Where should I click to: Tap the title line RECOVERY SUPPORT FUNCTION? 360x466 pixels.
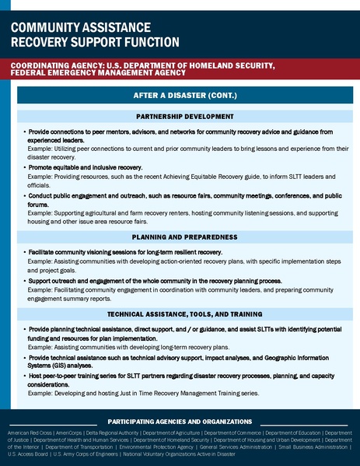coord(94,41)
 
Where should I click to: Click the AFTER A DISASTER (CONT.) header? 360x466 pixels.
coord(185,96)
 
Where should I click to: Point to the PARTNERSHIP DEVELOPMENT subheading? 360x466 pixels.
coord(185,116)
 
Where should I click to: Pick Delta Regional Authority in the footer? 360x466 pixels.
coord(109,432)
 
